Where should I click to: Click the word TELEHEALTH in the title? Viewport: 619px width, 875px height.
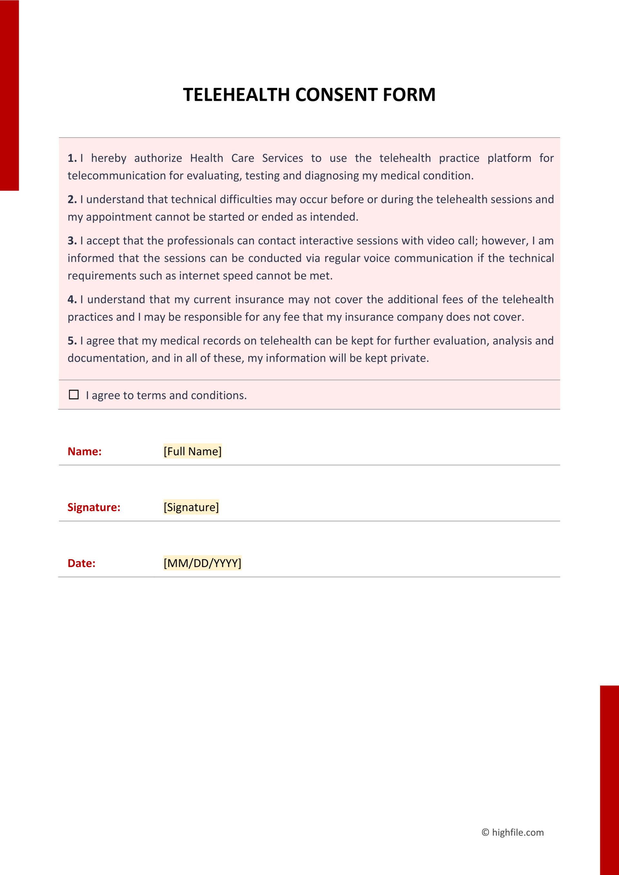point(236,94)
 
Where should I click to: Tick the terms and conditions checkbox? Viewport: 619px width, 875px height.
point(74,394)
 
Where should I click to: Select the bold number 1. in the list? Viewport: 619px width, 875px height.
point(72,158)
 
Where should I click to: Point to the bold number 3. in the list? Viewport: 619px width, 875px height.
point(72,240)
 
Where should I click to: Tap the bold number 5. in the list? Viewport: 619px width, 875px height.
point(72,341)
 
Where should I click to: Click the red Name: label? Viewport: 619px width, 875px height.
point(84,451)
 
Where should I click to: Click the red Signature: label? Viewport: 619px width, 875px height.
point(94,507)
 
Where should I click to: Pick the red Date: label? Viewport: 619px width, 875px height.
point(81,563)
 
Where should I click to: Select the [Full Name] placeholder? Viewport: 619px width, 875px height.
point(192,451)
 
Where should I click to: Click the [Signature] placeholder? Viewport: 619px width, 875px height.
point(191,507)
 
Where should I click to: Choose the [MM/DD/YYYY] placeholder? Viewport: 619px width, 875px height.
point(202,563)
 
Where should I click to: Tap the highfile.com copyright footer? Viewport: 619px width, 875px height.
point(513,832)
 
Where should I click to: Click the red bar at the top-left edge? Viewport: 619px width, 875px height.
point(9,95)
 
